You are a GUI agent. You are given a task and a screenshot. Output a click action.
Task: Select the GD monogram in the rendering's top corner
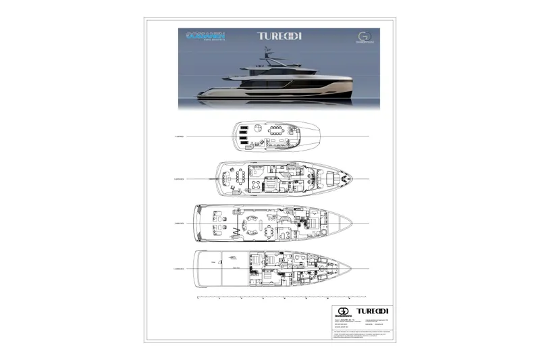click(364, 38)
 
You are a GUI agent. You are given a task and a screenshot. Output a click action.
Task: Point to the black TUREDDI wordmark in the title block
click(375, 311)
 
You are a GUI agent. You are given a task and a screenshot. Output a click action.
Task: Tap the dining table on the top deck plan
click(277, 130)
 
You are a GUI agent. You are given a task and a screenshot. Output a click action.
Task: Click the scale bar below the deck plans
click(282, 296)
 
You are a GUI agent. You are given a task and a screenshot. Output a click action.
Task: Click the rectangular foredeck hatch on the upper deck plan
click(331, 179)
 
